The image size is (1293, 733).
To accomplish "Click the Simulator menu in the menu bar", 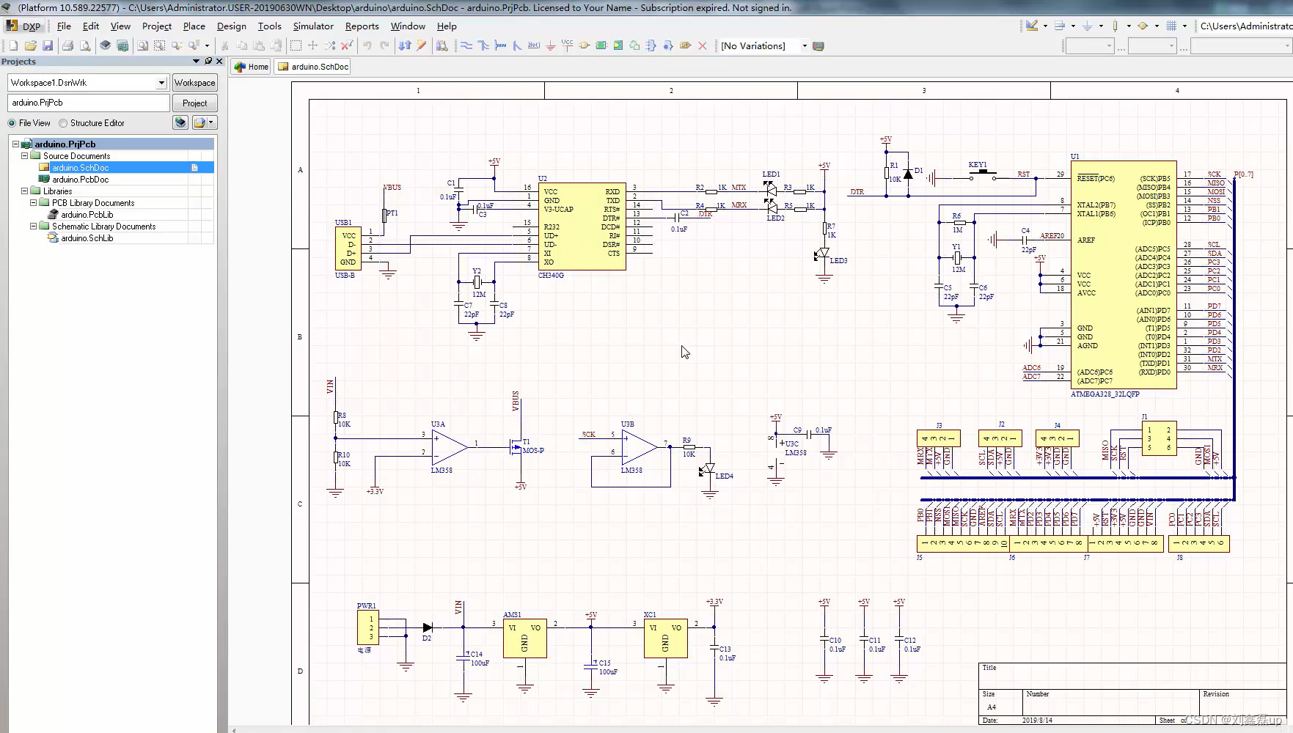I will pyautogui.click(x=313, y=26).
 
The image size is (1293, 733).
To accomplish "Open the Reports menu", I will pyautogui.click(x=362, y=26).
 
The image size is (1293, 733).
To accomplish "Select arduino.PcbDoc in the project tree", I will pyautogui.click(x=81, y=180).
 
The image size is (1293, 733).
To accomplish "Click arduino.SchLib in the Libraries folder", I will pyautogui.click(x=87, y=238).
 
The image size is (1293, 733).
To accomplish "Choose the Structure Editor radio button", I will pyautogui.click(x=64, y=123).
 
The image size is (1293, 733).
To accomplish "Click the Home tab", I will pyautogui.click(x=252, y=67).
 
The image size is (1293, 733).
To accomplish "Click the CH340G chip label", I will pyautogui.click(x=551, y=276).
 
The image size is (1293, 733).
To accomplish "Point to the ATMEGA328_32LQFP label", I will pyautogui.click(x=1105, y=394).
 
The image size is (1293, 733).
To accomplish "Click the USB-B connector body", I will pyautogui.click(x=348, y=249).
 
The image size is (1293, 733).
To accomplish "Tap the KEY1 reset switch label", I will pyautogui.click(x=978, y=165).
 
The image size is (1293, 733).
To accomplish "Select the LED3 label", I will pyautogui.click(x=838, y=261).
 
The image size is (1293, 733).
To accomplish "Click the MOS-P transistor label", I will pyautogui.click(x=533, y=451).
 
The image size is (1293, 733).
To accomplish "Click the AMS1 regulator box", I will pyautogui.click(x=524, y=638).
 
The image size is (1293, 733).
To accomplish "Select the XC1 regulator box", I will pyautogui.click(x=665, y=638).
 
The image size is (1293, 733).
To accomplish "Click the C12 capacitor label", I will pyautogui.click(x=910, y=640).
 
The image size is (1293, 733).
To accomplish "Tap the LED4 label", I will pyautogui.click(x=724, y=476).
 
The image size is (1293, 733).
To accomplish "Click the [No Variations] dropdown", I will pyautogui.click(x=763, y=46).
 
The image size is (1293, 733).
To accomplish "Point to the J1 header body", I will pyautogui.click(x=1159, y=438).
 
